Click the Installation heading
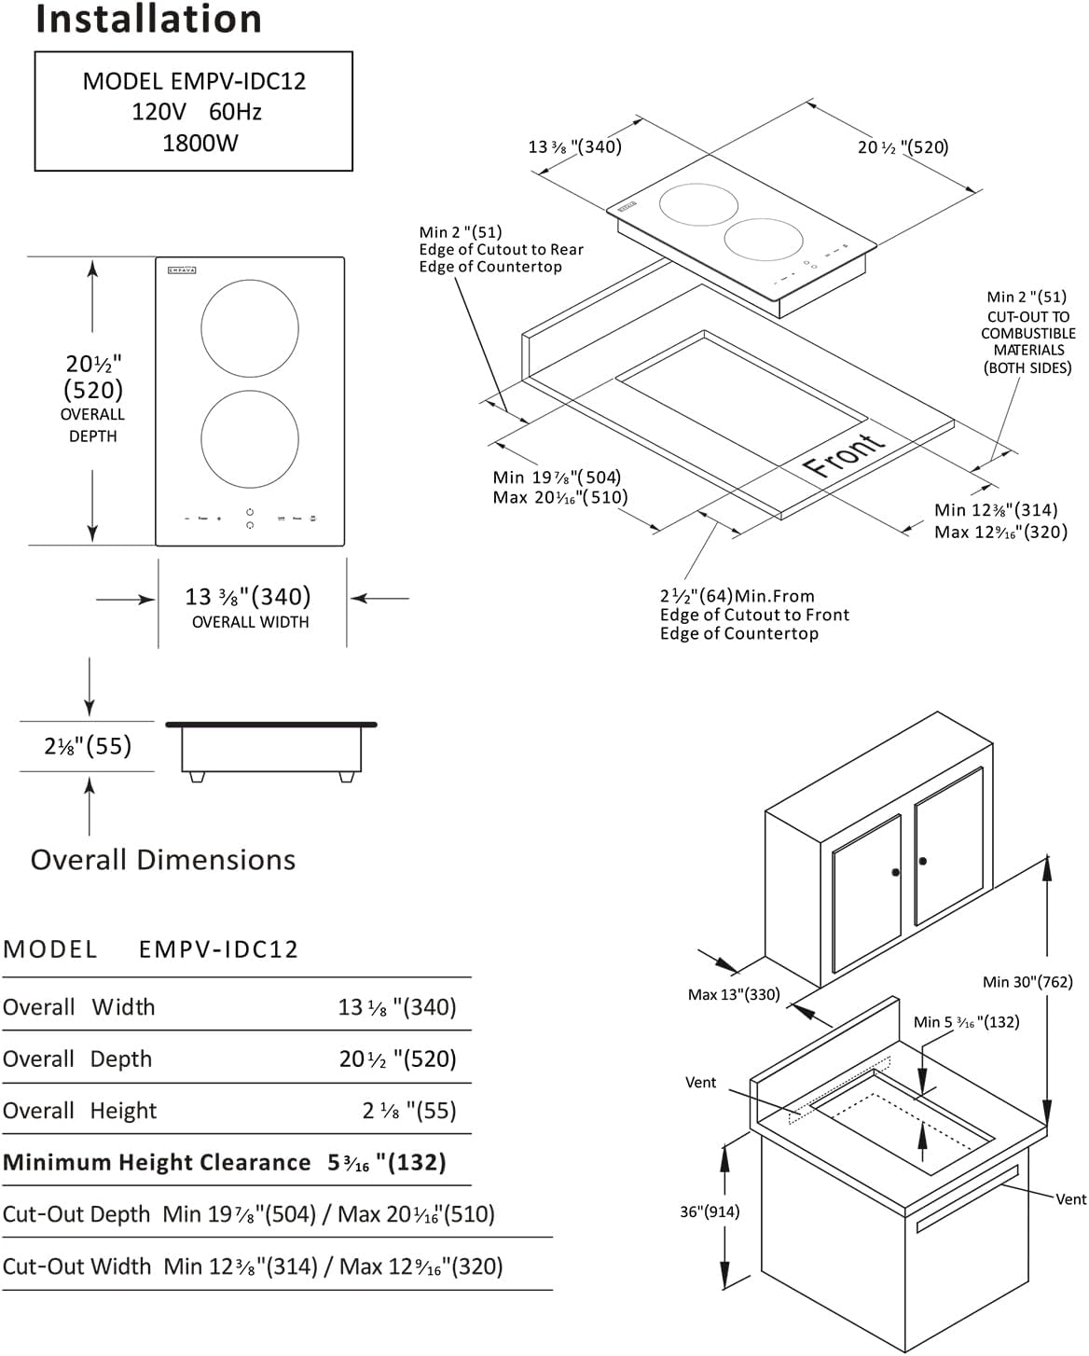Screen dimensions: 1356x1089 [x=148, y=19]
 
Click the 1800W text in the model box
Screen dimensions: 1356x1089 [x=200, y=143]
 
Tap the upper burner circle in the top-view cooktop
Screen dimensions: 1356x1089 [x=250, y=328]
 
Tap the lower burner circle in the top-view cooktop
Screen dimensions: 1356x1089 [x=250, y=439]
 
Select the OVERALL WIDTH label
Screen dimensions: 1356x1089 [x=250, y=622]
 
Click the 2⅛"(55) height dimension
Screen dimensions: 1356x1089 [x=88, y=746]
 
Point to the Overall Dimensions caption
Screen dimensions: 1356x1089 [x=163, y=860]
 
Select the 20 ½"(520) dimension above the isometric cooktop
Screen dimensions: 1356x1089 [x=903, y=147]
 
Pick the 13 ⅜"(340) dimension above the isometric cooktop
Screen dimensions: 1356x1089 [x=574, y=147]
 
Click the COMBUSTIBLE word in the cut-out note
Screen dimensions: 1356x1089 [x=1027, y=333]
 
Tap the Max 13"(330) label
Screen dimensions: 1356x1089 [x=734, y=994]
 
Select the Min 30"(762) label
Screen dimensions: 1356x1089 [x=1027, y=981]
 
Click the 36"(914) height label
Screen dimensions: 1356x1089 [x=710, y=1211]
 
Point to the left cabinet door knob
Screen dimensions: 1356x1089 [x=895, y=873]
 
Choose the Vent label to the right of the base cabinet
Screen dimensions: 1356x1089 [x=1070, y=1198]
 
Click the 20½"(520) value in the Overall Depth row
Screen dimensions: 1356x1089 [x=398, y=1059]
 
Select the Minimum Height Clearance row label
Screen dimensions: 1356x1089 [x=157, y=1163]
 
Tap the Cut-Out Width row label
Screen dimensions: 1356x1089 [x=76, y=1266]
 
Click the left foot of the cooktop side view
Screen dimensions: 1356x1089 [x=197, y=776]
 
